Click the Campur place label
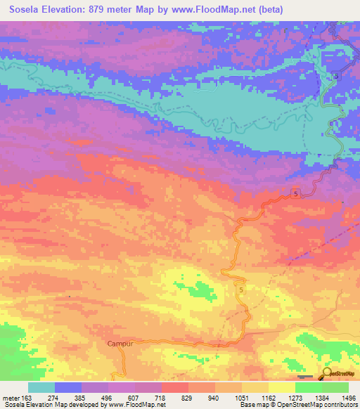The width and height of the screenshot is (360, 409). point(120,344)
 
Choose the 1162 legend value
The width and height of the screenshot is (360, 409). point(268,398)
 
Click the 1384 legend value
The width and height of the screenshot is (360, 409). point(321,398)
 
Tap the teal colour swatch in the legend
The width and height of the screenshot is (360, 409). point(41,387)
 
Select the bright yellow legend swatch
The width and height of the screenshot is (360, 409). point(282,387)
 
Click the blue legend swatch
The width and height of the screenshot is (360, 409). point(68,387)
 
